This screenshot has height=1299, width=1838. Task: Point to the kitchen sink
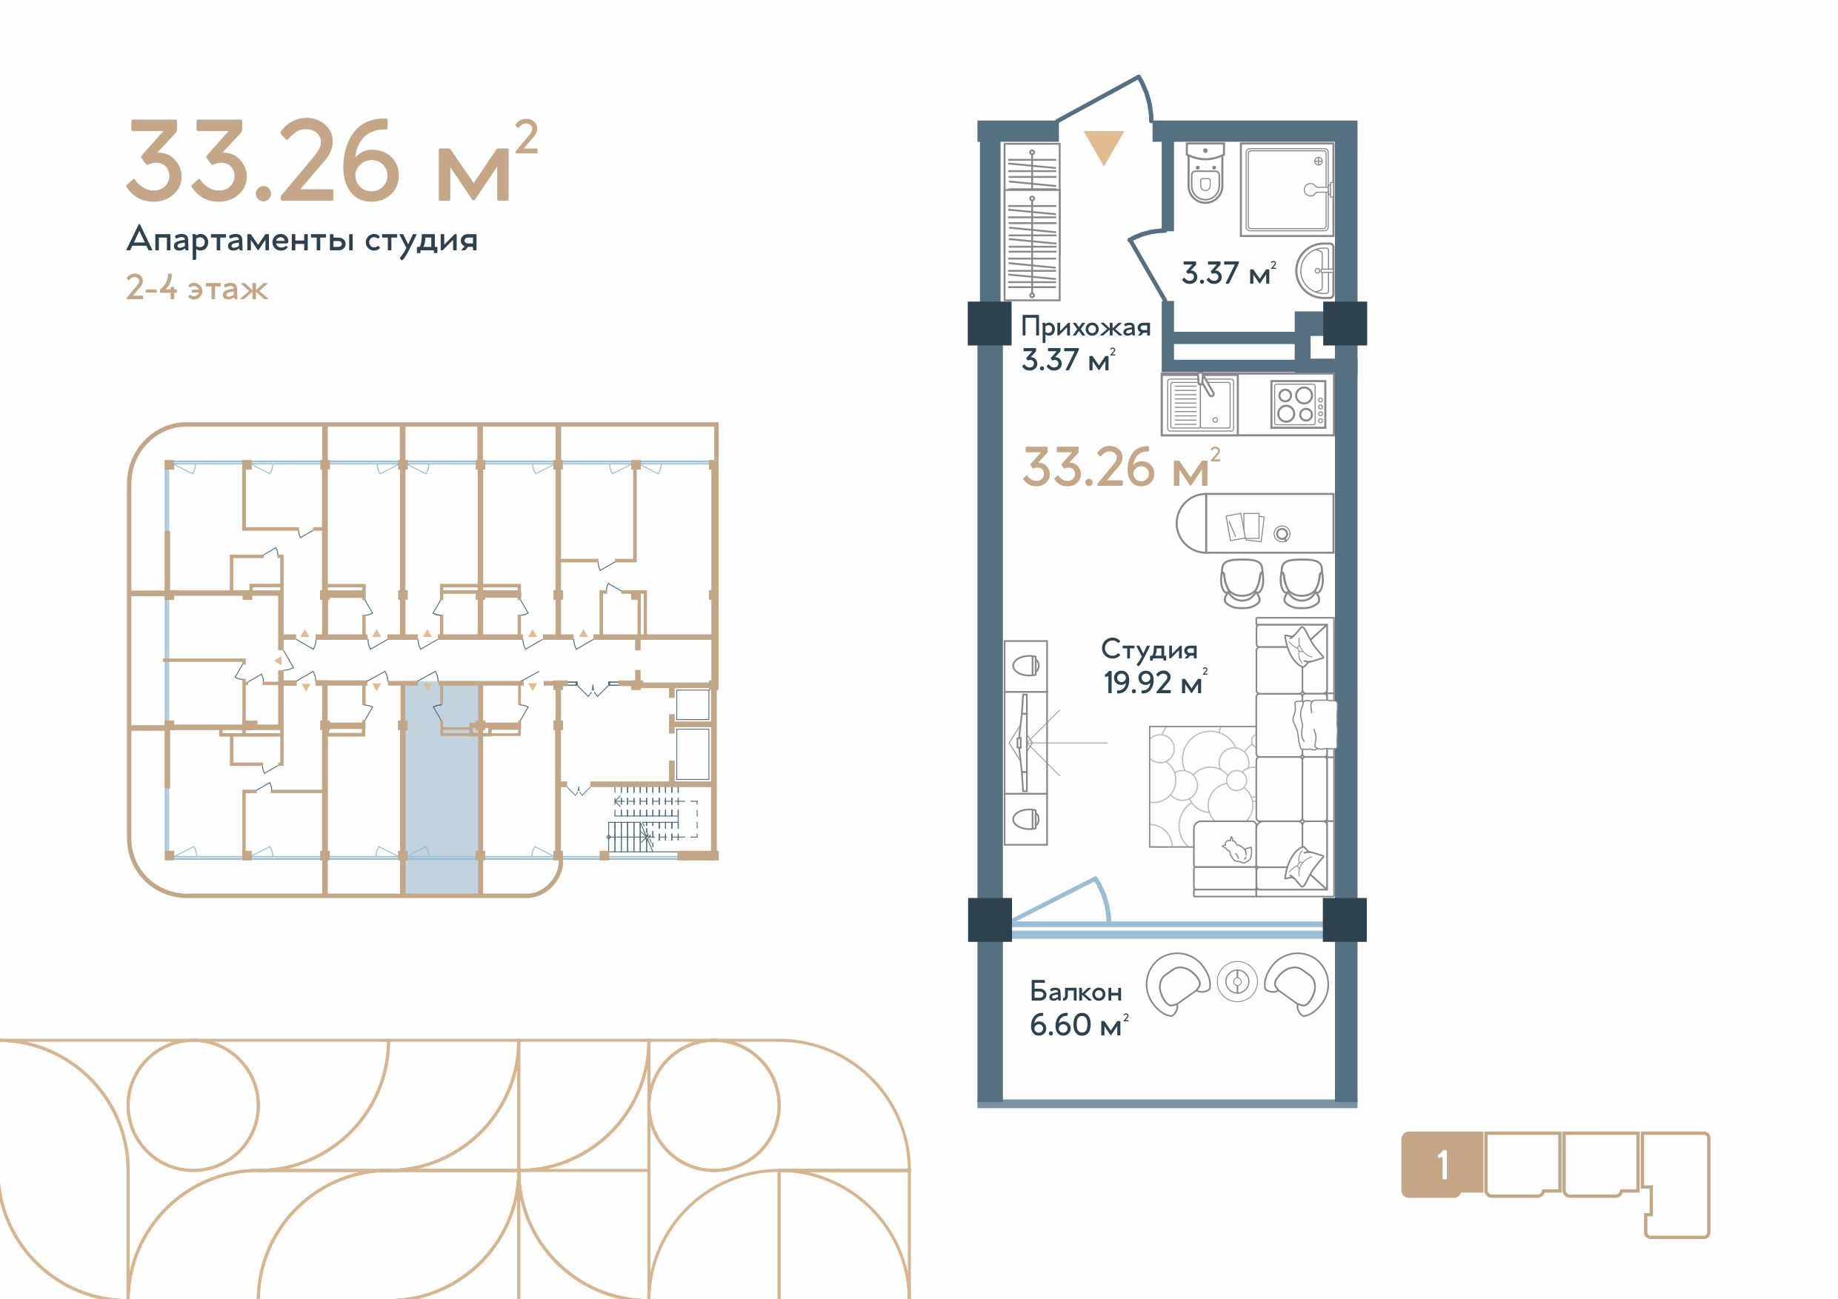(1200, 404)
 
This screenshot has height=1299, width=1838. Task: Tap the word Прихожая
(1085, 327)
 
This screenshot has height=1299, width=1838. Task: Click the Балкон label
(1076, 992)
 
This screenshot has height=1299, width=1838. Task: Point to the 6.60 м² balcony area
(1079, 1024)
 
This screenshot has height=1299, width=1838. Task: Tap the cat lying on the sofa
(1236, 850)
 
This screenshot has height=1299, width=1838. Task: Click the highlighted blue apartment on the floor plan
(441, 789)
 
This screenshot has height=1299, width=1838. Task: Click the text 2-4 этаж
(197, 288)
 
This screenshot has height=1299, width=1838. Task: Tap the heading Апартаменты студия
(302, 239)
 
